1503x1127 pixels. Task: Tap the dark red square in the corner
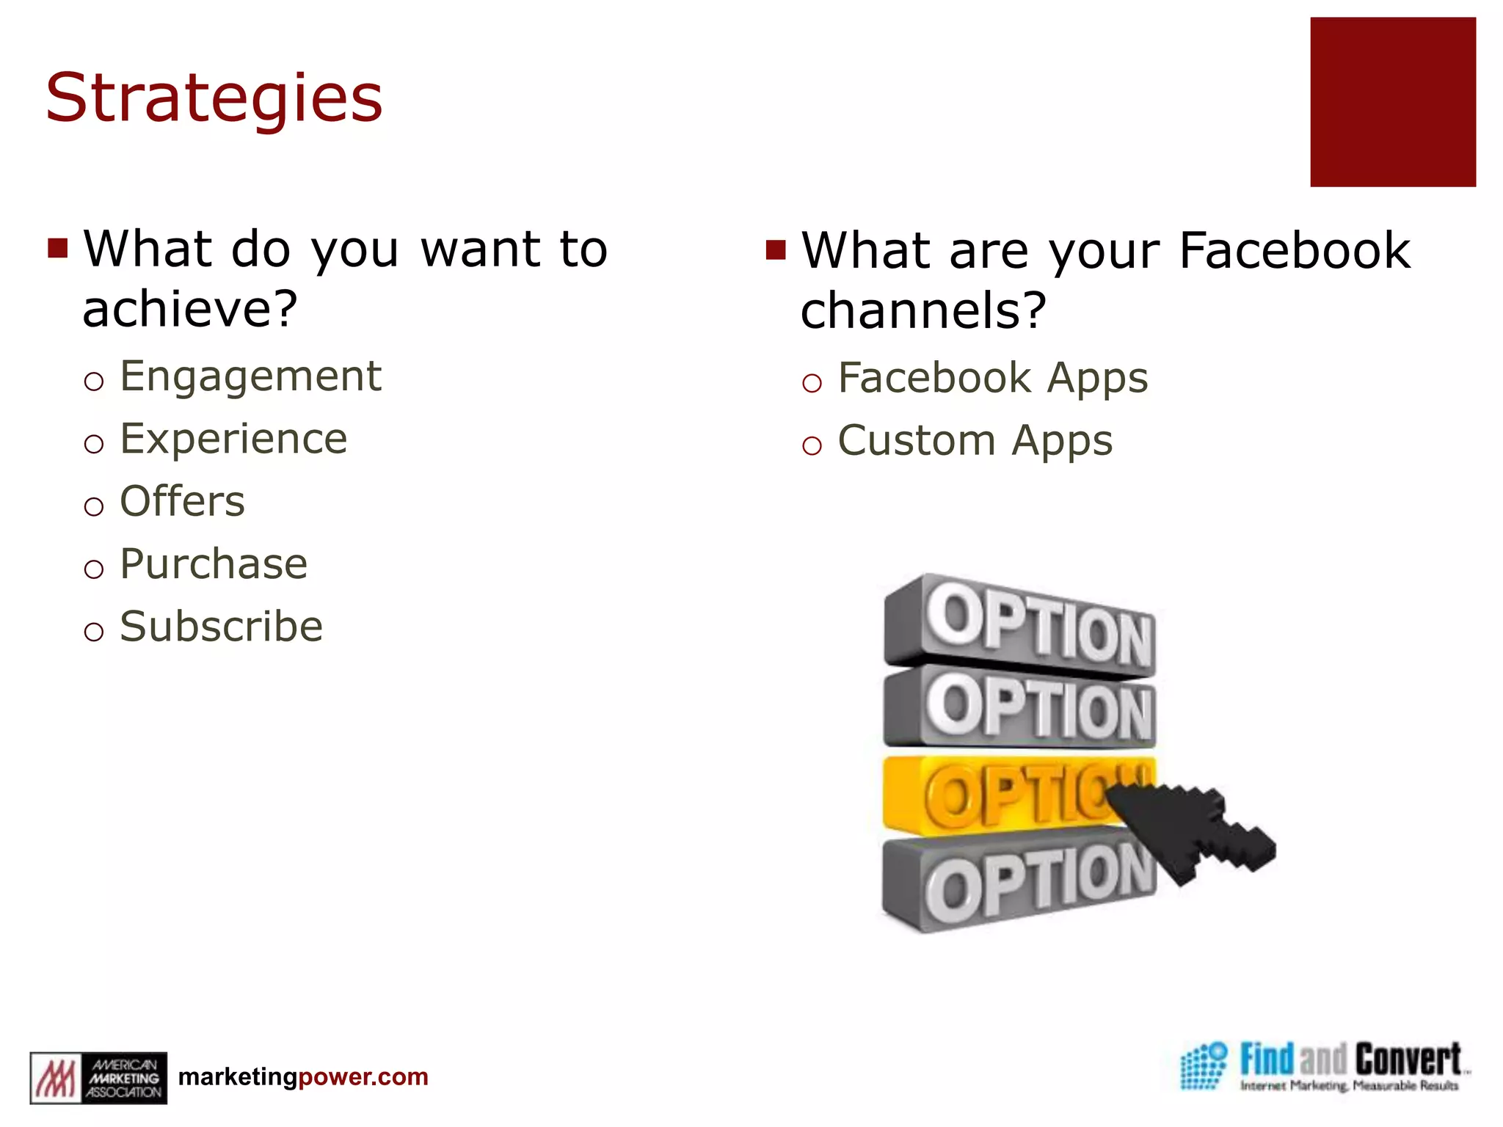(1392, 102)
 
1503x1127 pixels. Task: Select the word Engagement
(250, 377)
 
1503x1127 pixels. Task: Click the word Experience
(233, 440)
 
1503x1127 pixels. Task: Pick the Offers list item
(182, 502)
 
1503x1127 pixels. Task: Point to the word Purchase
(214, 564)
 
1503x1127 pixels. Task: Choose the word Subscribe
(221, 627)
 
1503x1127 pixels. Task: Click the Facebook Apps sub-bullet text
(992, 379)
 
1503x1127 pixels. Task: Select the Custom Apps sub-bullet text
(975, 441)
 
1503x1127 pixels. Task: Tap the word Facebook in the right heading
(1295, 251)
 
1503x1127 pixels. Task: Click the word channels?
(922, 310)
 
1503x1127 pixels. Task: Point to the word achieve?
(190, 309)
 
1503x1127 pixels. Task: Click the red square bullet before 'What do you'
(57, 248)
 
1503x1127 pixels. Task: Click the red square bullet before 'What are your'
(775, 249)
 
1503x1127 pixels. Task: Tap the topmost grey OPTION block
(1020, 624)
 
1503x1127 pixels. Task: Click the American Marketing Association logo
(98, 1077)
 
